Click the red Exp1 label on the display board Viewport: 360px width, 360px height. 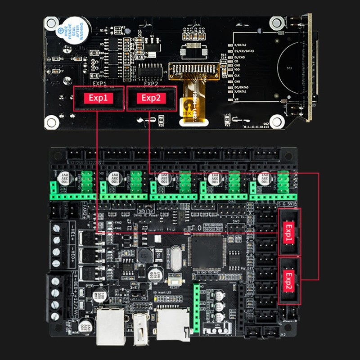point(99,98)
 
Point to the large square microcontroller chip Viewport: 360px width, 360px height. point(206,252)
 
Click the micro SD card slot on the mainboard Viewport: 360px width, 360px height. point(173,322)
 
